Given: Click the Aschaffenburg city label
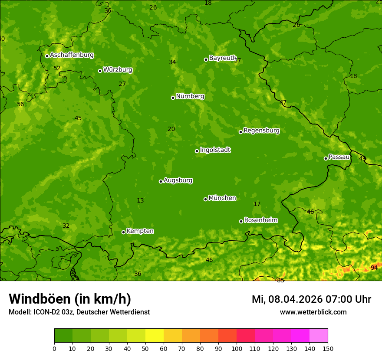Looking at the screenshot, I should tap(72, 55).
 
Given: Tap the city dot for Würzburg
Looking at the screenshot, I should tap(100, 71).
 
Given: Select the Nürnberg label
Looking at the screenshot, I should tap(190, 96).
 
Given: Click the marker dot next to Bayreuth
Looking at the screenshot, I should tap(206, 59).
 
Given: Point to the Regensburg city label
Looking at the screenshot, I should tap(261, 131).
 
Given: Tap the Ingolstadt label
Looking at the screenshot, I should tap(215, 150).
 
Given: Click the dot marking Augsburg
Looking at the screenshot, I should tap(161, 181).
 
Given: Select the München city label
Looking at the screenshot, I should tap(222, 198).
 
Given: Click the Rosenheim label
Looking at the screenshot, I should tap(260, 220).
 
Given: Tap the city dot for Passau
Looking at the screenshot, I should tap(326, 158).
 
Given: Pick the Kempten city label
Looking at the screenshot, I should tap(140, 231).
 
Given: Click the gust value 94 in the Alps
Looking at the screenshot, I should tap(374, 268).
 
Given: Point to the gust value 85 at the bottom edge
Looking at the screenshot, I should tap(280, 280).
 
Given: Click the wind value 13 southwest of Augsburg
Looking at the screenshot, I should tap(140, 200).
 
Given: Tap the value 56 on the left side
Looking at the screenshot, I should tap(20, 104).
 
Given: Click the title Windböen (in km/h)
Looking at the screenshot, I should tap(69, 299).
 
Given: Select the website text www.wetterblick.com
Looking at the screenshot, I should tap(313, 312).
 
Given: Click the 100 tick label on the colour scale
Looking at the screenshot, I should tap(237, 348).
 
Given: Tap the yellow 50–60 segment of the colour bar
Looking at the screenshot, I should tap(154, 336).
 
